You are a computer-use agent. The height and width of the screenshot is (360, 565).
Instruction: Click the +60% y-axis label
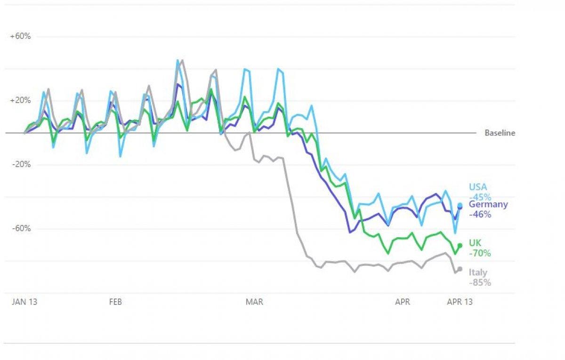(20, 36)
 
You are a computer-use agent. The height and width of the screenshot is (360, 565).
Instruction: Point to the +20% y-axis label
(20, 100)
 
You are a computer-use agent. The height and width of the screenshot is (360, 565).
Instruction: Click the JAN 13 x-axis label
(24, 302)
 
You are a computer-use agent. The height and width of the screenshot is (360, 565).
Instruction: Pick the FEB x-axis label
(115, 302)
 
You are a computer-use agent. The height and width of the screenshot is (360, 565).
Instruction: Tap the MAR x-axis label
(254, 302)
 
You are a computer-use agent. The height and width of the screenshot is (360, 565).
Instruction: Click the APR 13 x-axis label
(460, 302)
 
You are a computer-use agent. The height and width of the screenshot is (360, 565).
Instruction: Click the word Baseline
(500, 133)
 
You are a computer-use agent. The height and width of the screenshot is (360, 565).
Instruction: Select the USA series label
(478, 187)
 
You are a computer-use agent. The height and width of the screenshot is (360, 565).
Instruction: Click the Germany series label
(488, 204)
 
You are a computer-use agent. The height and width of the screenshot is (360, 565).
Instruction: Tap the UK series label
(475, 243)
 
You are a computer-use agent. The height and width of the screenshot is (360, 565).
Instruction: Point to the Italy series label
(478, 272)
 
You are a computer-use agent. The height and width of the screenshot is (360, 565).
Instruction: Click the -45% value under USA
(480, 197)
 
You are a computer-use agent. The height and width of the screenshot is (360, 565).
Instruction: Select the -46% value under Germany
(480, 215)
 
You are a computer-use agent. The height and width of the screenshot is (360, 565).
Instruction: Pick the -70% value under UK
(480, 253)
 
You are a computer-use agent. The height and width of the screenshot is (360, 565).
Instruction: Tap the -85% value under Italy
(480, 283)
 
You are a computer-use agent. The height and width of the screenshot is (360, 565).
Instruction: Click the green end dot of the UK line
(460, 246)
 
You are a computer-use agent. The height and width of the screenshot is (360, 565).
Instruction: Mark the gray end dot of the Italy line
(460, 269)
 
